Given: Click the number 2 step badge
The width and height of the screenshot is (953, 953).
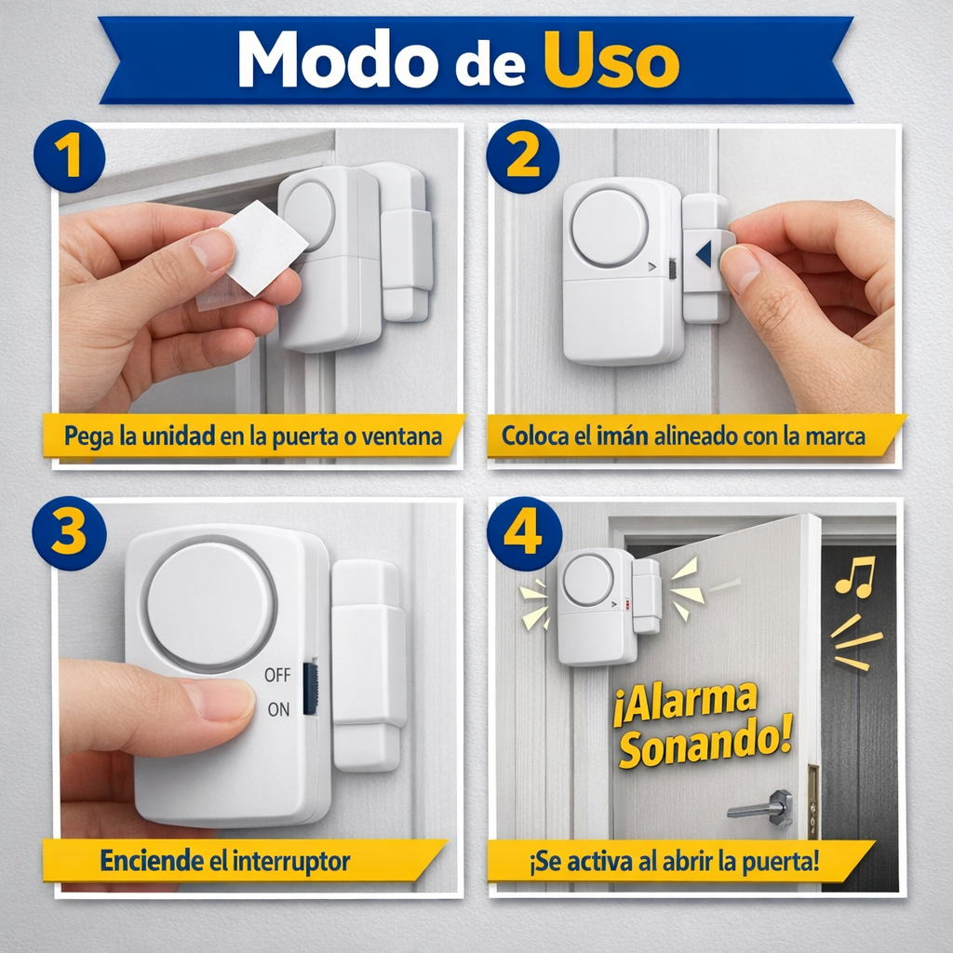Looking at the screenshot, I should click(x=523, y=155).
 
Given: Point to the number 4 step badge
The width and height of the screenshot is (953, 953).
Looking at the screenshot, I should click(x=523, y=533).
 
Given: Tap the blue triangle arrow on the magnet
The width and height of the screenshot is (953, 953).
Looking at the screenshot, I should click(x=705, y=253).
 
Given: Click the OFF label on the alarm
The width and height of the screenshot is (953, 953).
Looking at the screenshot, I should click(x=277, y=675).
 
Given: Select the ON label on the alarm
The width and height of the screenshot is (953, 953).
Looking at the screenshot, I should click(x=278, y=709).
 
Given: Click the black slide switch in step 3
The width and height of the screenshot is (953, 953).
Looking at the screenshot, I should click(x=311, y=688).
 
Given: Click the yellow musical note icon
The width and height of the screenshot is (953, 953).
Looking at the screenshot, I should click(x=854, y=576).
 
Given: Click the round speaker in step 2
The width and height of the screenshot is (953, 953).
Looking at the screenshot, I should click(x=610, y=228).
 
